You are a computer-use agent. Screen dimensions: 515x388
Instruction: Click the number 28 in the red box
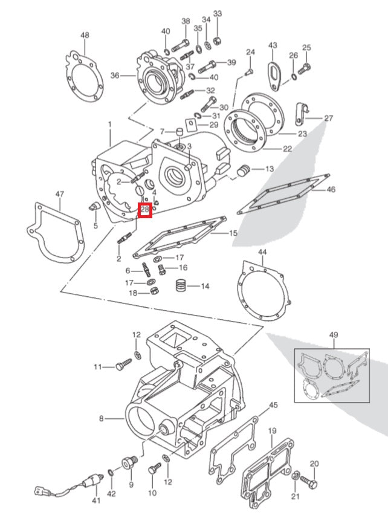coord(145,210)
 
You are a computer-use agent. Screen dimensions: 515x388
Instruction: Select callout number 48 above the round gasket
coord(85,36)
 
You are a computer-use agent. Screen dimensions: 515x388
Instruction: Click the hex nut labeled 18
coord(154,293)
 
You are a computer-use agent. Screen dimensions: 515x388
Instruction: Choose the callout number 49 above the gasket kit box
coord(334,334)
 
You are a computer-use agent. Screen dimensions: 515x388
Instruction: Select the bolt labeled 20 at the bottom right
coord(308,484)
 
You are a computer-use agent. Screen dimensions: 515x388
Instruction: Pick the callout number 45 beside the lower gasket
coord(273,405)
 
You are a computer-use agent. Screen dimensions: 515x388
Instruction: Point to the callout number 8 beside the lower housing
coord(102,418)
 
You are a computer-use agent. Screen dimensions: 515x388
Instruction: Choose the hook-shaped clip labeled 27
coord(301,111)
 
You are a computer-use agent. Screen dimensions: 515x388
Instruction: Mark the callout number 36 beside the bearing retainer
coord(114,76)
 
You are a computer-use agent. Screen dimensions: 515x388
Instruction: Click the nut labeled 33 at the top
coord(218,41)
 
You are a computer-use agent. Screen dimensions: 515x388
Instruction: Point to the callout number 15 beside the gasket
coord(233,233)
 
